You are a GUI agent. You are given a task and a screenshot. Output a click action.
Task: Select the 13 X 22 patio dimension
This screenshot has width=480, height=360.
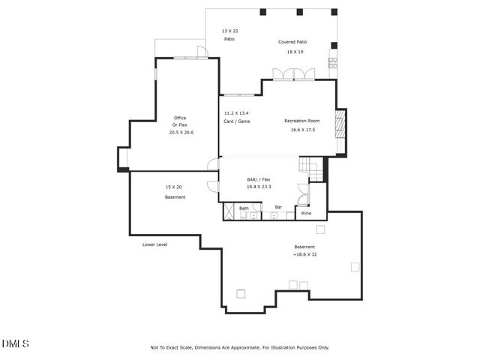[229, 31]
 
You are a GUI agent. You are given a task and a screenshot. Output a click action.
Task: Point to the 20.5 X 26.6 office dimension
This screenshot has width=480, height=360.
[181, 132]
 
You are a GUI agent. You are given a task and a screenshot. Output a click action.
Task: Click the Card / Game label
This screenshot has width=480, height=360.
[236, 121]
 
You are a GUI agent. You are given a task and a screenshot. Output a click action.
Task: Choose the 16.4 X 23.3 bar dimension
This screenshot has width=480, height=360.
[259, 187]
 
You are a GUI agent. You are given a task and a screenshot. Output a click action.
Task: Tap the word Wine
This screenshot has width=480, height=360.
[306, 214]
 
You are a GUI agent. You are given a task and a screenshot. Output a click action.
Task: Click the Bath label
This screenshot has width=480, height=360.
[244, 208]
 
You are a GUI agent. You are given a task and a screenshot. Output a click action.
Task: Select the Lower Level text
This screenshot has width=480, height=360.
[154, 244]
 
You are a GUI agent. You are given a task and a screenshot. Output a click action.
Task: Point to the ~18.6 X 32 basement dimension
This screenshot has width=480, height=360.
[304, 255]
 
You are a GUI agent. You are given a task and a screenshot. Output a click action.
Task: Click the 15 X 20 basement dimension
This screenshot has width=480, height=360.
[174, 187]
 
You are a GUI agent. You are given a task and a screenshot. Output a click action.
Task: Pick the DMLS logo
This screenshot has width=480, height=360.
[15, 343]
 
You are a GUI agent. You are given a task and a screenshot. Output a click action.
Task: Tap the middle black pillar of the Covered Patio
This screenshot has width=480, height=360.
[299, 12]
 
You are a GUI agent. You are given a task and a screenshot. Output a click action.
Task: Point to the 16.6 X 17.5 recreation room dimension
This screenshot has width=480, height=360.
[303, 130]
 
